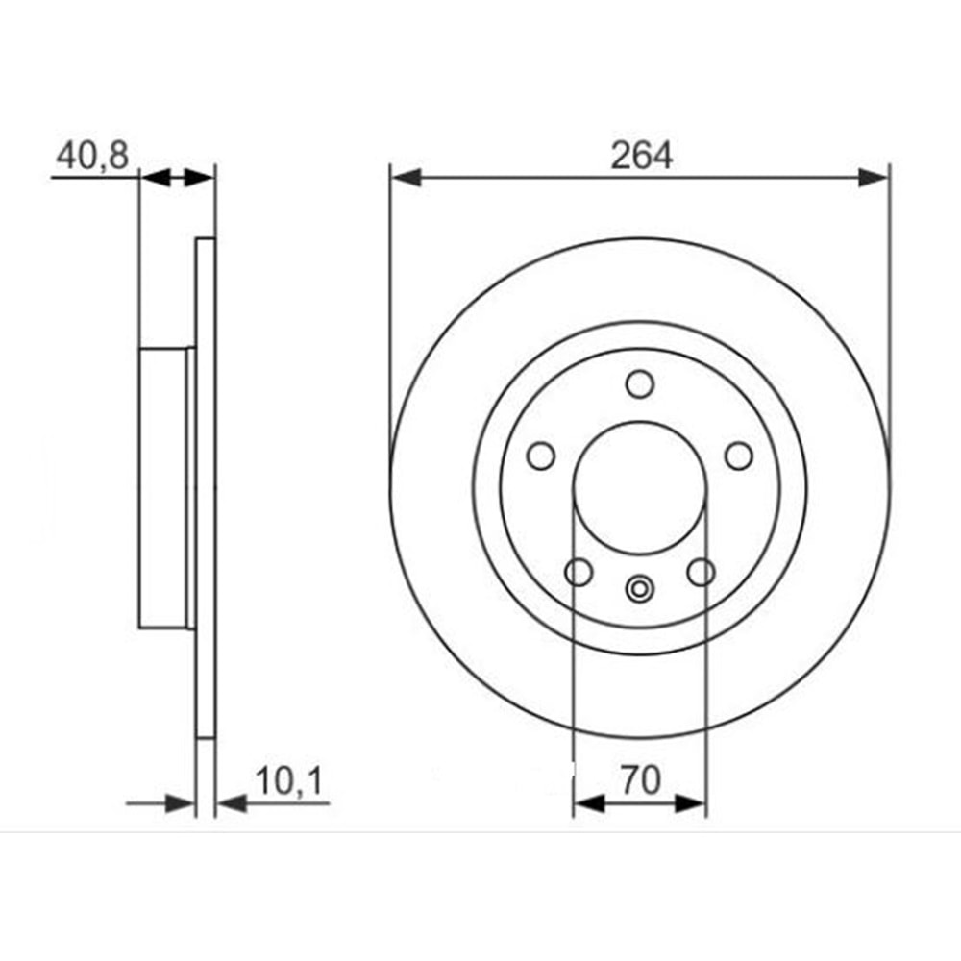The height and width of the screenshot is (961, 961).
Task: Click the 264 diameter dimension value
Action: tap(641, 155)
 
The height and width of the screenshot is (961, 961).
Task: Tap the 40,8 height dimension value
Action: tap(92, 155)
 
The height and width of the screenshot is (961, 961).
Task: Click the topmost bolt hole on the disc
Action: tap(640, 383)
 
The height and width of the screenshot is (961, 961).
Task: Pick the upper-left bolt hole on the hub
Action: tap(542, 455)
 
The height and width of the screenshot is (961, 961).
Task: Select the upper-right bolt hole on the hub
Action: tap(738, 456)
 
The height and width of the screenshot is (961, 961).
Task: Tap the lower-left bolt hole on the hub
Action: tap(579, 573)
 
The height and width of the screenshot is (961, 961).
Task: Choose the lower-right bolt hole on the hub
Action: tap(702, 573)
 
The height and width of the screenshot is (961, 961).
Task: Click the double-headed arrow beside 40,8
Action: tap(178, 178)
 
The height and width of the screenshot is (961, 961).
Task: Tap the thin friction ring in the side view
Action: tap(207, 488)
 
